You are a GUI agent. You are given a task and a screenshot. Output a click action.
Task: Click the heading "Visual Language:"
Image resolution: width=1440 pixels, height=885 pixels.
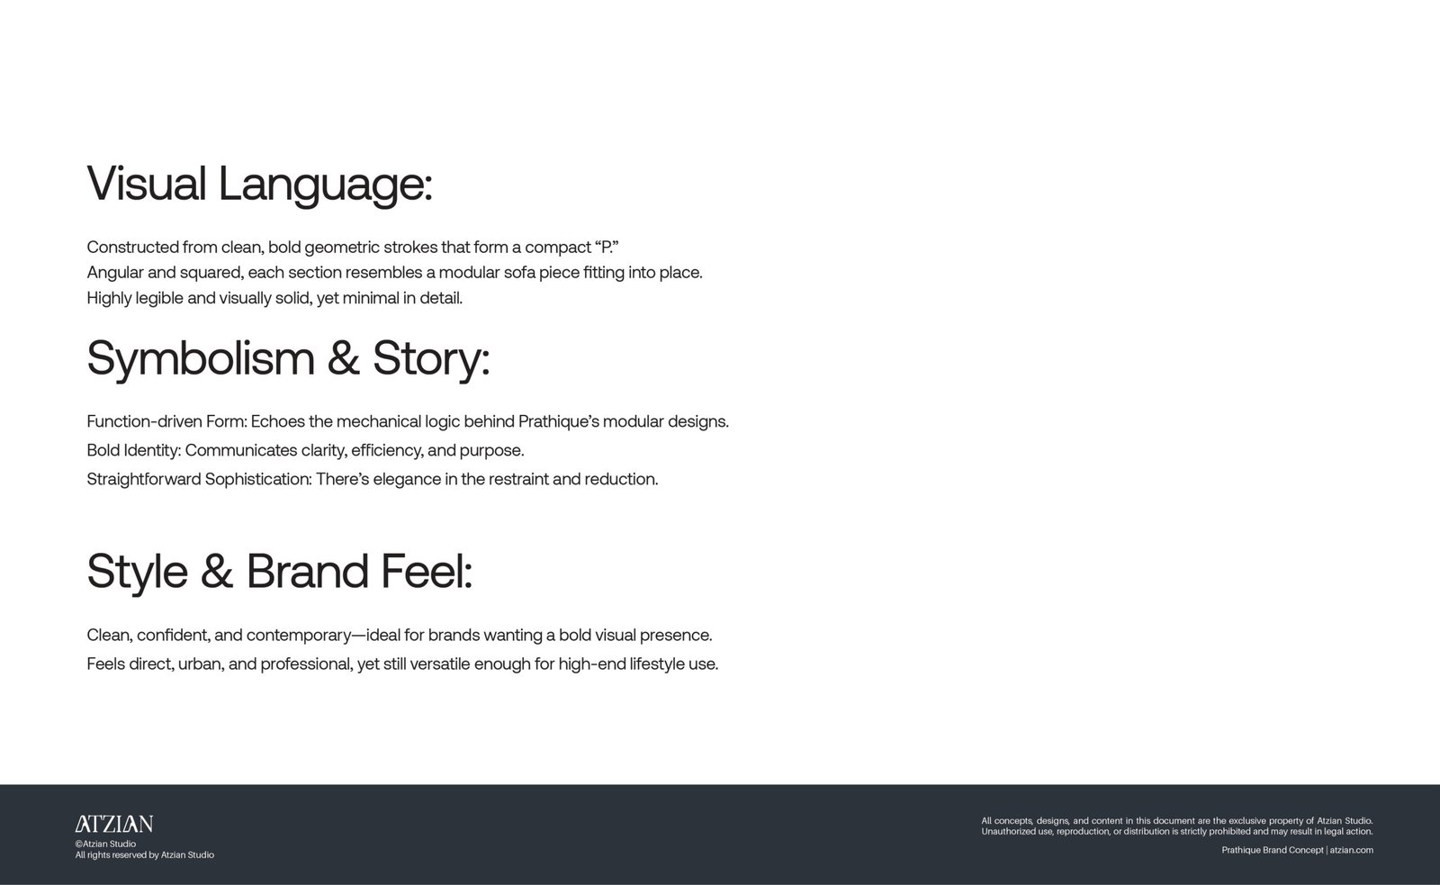[260, 185]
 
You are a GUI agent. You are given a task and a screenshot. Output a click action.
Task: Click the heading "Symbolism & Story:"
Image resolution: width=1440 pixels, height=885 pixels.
[289, 359]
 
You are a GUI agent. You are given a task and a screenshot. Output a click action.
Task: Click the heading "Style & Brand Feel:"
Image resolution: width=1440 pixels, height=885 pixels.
[280, 572]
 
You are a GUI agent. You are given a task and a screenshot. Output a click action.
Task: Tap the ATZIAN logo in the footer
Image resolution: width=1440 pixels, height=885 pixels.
[113, 824]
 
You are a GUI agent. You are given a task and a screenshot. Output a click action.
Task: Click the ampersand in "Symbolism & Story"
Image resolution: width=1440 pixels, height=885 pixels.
[343, 358]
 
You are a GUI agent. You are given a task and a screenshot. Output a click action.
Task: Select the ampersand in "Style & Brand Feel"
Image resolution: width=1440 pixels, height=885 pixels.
[217, 571]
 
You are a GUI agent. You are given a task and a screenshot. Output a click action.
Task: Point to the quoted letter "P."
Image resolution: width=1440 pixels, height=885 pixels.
[607, 247]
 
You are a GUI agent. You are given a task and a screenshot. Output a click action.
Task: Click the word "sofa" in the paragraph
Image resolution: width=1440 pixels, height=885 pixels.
[519, 273]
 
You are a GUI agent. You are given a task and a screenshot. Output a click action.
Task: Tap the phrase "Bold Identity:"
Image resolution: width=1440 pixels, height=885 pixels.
[134, 450]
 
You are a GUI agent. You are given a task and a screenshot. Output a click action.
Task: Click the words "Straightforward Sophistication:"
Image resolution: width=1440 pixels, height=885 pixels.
[199, 479]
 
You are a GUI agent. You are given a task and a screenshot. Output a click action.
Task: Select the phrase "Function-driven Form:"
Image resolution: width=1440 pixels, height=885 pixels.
[167, 421]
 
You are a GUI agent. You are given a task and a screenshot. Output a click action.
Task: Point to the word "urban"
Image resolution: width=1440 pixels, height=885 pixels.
[202, 664]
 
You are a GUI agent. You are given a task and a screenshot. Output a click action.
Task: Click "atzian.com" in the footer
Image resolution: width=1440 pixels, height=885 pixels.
[1351, 850]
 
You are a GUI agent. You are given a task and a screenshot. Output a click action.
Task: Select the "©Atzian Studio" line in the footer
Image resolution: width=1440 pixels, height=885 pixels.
[105, 844]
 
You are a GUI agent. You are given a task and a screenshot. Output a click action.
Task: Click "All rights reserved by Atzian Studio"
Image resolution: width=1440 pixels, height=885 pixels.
[145, 854]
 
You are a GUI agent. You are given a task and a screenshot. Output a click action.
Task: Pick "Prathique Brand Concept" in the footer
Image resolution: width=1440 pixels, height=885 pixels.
[1273, 850]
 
